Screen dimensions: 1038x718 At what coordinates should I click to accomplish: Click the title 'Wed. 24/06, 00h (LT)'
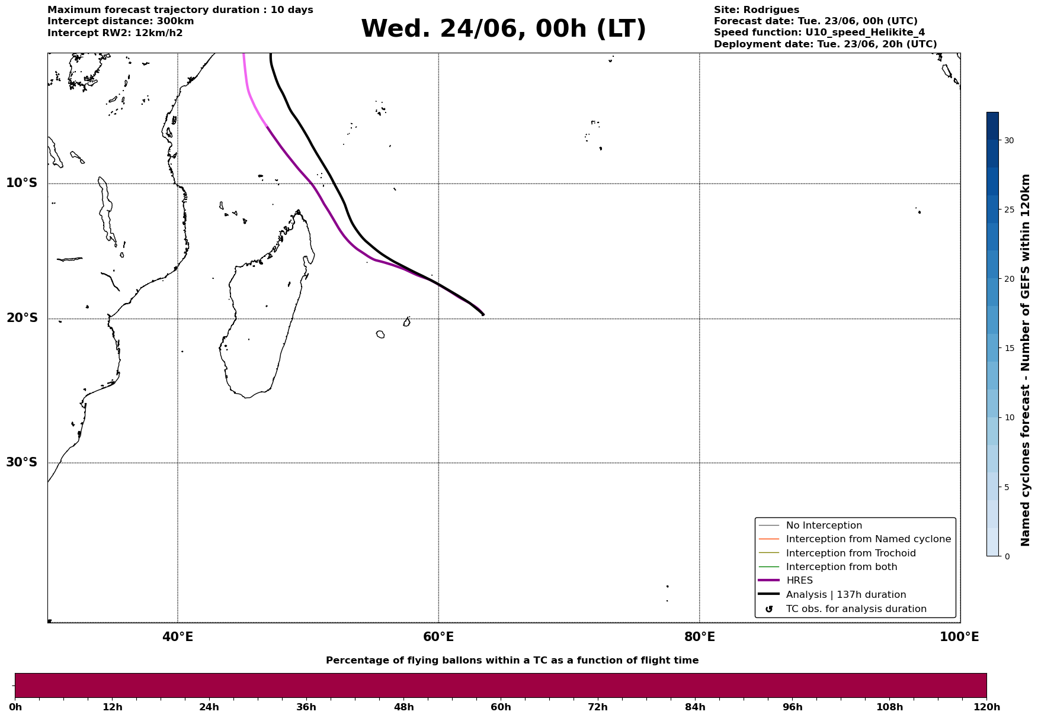click(503, 29)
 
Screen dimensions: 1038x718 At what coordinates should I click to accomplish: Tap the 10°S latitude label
click(22, 183)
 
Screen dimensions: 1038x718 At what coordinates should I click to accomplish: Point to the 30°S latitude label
click(22, 462)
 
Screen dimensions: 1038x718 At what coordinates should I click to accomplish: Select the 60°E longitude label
click(438, 637)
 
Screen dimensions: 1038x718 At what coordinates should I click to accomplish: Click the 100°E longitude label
click(959, 637)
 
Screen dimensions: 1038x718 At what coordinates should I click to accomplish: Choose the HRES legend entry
click(799, 581)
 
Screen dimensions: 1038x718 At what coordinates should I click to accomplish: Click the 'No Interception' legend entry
click(824, 526)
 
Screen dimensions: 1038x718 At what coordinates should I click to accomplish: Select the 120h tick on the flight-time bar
click(986, 707)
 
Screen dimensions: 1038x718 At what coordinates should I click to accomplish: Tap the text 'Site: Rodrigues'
click(756, 10)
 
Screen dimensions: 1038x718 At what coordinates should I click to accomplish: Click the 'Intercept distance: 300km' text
click(121, 21)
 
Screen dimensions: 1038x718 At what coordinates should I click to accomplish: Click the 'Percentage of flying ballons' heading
click(512, 661)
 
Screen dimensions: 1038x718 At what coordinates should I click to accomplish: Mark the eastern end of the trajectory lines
click(483, 315)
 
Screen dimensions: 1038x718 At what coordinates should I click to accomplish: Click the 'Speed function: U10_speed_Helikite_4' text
click(819, 33)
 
